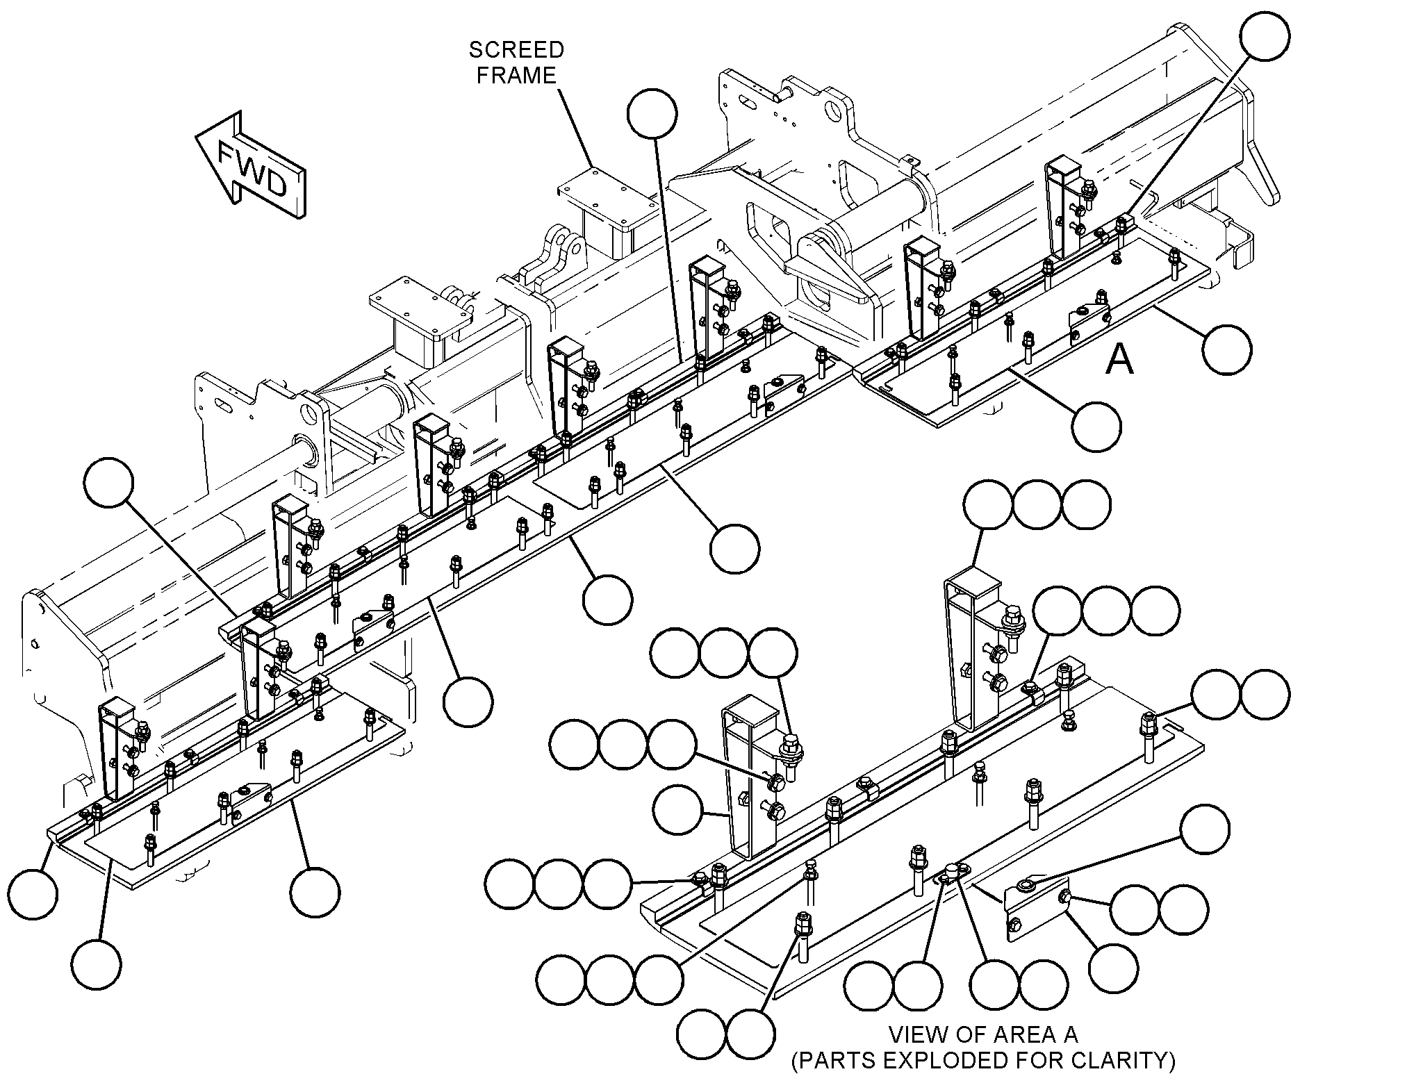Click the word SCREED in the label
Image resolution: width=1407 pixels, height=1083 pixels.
click(x=516, y=50)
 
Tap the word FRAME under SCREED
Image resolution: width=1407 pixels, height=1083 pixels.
click(x=516, y=75)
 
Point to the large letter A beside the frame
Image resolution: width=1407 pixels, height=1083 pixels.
click(x=1119, y=360)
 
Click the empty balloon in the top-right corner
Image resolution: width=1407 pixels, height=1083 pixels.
click(x=1265, y=36)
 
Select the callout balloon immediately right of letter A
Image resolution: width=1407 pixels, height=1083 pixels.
click(x=1227, y=349)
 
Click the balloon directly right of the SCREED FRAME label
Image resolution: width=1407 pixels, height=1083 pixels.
click(x=652, y=113)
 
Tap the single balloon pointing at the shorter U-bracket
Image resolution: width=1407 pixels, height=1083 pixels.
click(x=678, y=809)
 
